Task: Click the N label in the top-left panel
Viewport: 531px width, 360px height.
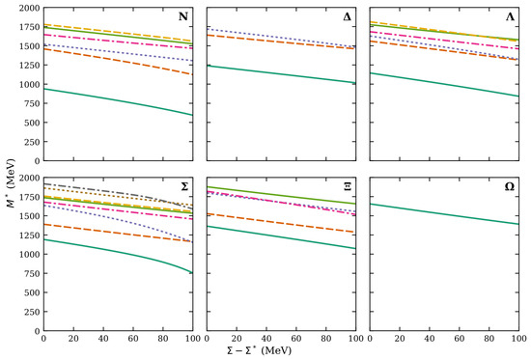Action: [x=183, y=16]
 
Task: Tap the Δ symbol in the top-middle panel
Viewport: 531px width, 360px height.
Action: [x=348, y=16]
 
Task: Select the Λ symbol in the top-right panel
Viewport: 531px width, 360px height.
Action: [x=510, y=16]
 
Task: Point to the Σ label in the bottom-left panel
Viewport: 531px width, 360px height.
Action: [x=184, y=186]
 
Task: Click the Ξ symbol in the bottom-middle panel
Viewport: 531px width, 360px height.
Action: [x=348, y=186]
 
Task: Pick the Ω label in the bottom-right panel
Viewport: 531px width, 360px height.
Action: [x=510, y=186]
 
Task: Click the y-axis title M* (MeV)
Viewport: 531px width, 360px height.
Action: [x=13, y=182]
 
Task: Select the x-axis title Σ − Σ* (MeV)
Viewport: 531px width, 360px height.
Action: [x=260, y=350]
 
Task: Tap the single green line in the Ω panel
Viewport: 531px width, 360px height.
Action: [x=444, y=214]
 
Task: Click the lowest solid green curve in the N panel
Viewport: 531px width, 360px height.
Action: [x=119, y=100]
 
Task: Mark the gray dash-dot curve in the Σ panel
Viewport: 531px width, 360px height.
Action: [x=119, y=192]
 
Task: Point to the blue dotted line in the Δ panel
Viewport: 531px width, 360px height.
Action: [x=281, y=38]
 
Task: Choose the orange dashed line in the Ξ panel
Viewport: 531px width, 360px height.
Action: [x=281, y=223]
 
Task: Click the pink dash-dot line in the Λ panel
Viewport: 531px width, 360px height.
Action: [x=444, y=41]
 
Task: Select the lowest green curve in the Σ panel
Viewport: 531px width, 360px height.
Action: [x=119, y=252]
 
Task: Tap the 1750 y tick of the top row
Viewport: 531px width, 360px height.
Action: [x=30, y=27]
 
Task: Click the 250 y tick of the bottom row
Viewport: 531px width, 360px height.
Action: [x=33, y=312]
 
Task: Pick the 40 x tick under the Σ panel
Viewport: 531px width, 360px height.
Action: [x=103, y=338]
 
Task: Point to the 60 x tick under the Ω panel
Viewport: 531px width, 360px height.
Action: [x=460, y=338]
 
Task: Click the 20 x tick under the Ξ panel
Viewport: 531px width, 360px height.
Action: [x=237, y=338]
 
